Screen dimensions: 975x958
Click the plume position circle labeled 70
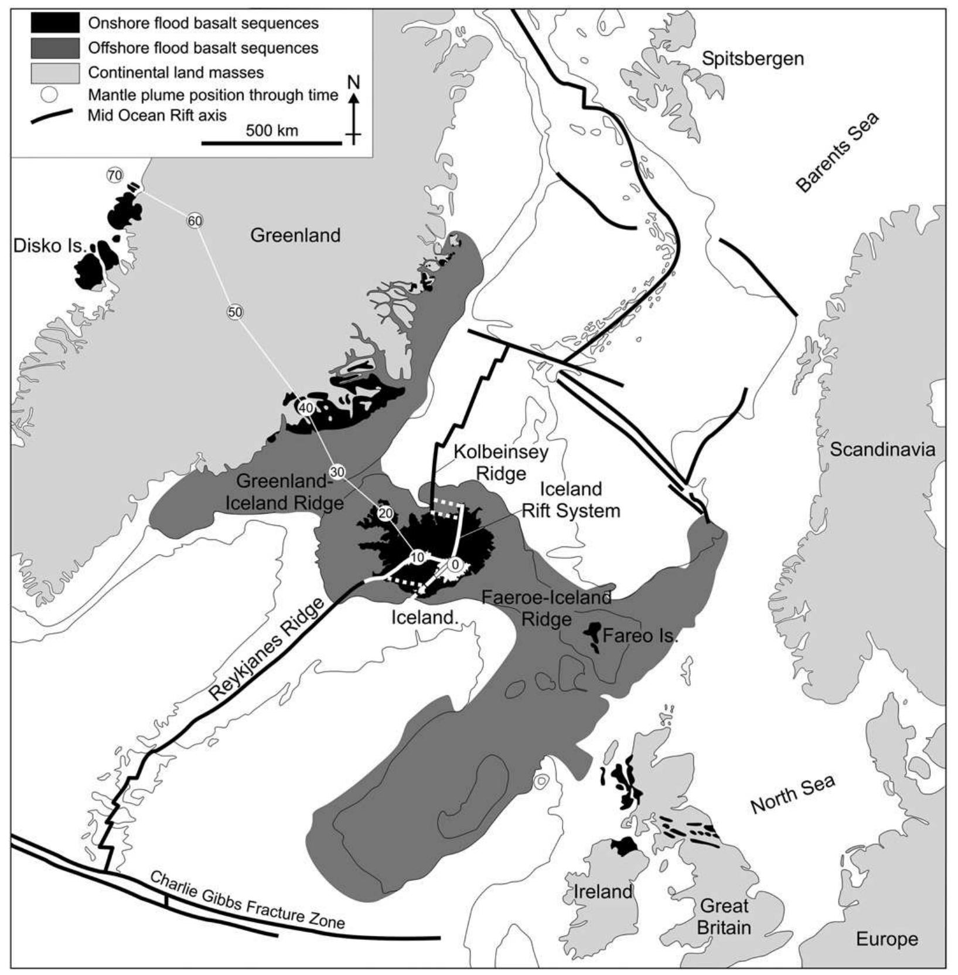pyautogui.click(x=115, y=175)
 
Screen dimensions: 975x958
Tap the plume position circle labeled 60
pyautogui.click(x=195, y=221)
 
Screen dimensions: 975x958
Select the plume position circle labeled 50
pyautogui.click(x=235, y=312)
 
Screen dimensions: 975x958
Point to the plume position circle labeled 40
pyautogui.click(x=306, y=408)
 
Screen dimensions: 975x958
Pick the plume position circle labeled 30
pyautogui.click(x=337, y=471)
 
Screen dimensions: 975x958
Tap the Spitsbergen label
pyautogui.click(x=752, y=59)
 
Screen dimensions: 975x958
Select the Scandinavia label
pyautogui.click(x=882, y=450)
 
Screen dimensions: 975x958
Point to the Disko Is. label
pyautogui.click(x=49, y=246)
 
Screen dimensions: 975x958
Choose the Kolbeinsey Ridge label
pyautogui.click(x=502, y=462)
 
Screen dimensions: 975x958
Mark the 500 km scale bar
pyautogui.click(x=271, y=142)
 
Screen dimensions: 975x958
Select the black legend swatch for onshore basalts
pyautogui.click(x=55, y=23)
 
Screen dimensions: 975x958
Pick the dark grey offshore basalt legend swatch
pyautogui.click(x=55, y=47)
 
